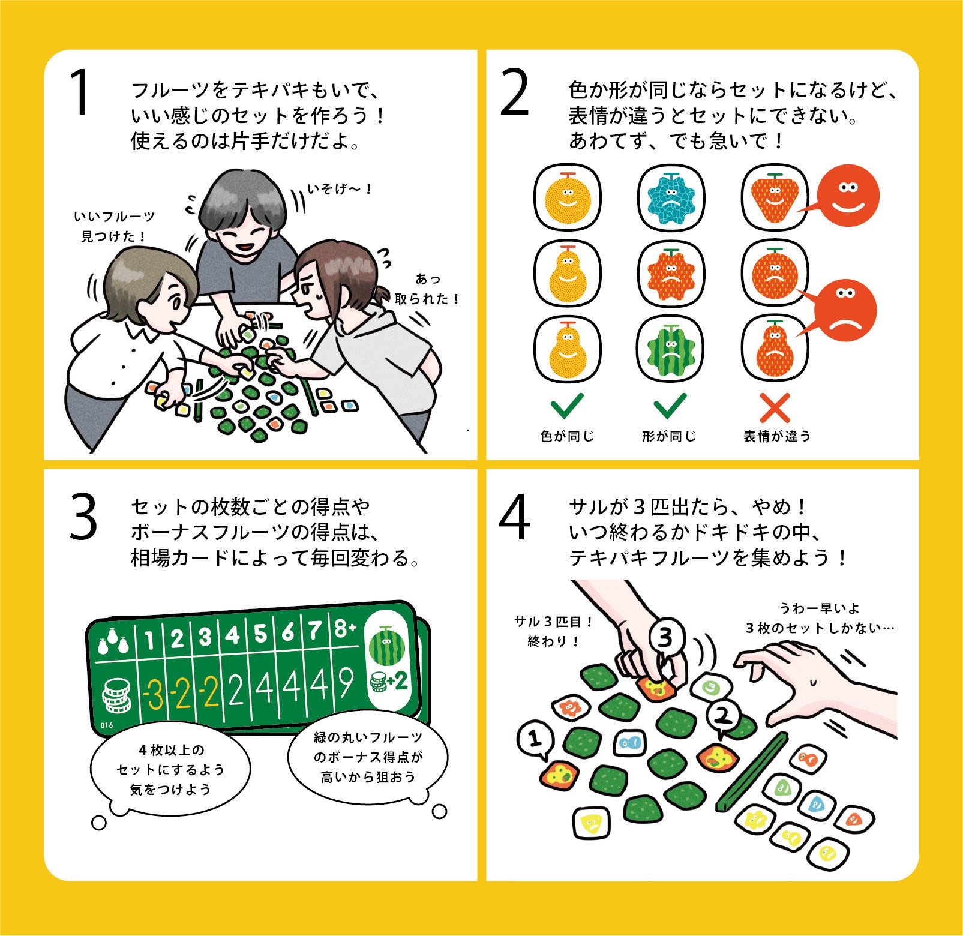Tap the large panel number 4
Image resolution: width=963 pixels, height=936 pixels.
coord(515,517)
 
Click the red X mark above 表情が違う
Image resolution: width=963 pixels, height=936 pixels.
coord(775,408)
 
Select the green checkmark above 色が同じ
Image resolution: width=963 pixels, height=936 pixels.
coord(567,406)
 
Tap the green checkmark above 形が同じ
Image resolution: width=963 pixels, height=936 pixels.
coord(670,406)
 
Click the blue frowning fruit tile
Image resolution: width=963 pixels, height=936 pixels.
coord(671,198)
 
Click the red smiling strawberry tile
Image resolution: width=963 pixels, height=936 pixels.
coord(775,198)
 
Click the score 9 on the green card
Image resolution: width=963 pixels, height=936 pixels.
coord(346,683)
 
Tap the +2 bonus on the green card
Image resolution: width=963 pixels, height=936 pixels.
coord(397,681)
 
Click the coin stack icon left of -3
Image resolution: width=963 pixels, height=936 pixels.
coord(116,696)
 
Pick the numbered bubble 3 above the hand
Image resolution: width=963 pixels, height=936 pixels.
coord(665,637)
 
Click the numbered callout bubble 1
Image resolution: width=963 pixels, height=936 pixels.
coord(535,739)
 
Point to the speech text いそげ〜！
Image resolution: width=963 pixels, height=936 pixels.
coord(340,189)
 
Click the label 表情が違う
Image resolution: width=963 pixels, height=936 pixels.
coord(776,436)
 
